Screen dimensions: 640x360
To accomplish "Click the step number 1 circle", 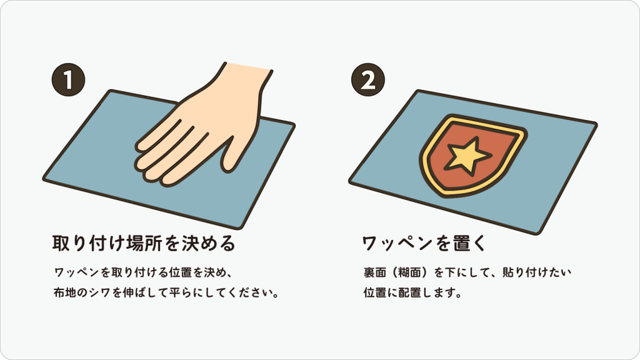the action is pos(68,79).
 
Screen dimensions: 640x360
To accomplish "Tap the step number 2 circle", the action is pos(367,79).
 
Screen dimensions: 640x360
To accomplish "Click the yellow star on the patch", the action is pos(467,156).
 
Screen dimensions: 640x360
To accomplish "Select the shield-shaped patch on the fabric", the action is pos(473,156).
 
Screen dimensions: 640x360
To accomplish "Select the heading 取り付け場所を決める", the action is pos(144,243).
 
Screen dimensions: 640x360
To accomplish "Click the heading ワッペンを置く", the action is pos(424,243).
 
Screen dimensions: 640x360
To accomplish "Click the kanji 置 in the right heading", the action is pos(457,243).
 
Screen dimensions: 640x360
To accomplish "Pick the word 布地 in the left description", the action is pos(65,293).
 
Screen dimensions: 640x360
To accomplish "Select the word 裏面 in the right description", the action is pos(375,272).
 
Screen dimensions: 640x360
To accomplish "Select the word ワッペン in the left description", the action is pos(77,272).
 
